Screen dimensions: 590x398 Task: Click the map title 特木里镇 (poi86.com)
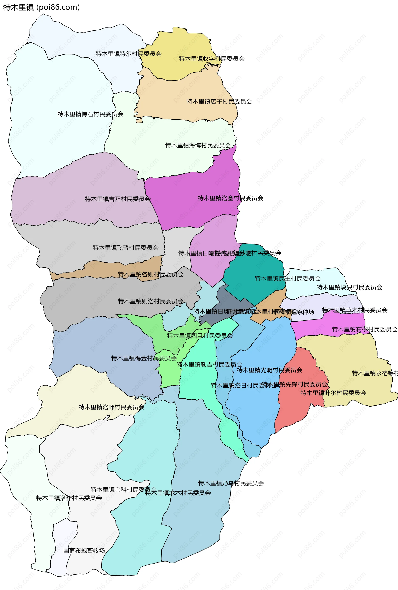click(41, 7)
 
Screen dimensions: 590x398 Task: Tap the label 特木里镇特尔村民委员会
click(129, 54)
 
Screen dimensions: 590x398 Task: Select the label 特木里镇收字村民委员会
click(212, 59)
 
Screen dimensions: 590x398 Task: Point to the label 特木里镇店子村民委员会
click(219, 102)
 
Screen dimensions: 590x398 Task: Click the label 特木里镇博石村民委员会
click(90, 114)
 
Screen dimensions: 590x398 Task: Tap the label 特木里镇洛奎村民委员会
click(231, 198)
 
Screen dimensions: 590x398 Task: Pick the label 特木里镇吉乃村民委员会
click(118, 199)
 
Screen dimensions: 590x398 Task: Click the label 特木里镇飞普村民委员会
click(126, 248)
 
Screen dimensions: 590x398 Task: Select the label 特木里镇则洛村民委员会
click(151, 301)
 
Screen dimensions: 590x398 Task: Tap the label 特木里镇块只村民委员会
click(349, 287)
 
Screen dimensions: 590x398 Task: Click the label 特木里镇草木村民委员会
click(355, 310)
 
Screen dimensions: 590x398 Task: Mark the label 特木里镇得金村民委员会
click(144, 358)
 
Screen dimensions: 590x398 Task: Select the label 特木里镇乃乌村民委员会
click(231, 483)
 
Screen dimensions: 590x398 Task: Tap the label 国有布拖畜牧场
click(84, 550)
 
